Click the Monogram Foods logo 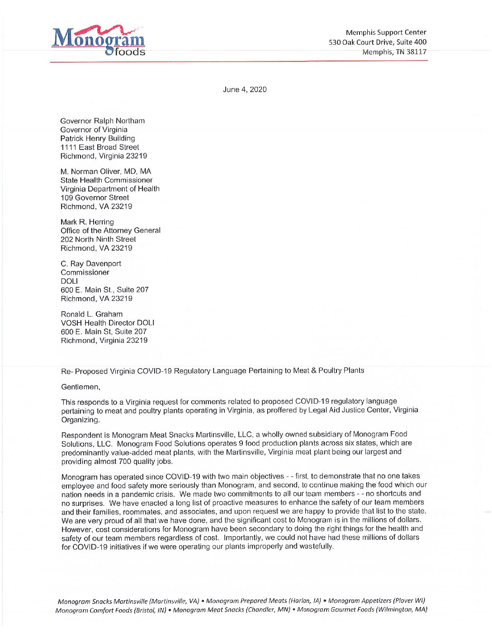pos(99,41)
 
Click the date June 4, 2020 pos(245,89)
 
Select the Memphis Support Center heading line pos(386,33)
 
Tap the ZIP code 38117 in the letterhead pos(416,52)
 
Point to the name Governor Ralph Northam pos(103,121)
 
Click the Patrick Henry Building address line pos(98,139)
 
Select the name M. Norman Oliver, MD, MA pos(106,172)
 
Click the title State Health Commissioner pos(107,180)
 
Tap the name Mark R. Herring pos(87,222)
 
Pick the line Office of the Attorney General pos(111,231)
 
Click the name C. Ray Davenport pos(91,264)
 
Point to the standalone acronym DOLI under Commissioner pos(69,281)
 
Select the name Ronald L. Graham pos(92,314)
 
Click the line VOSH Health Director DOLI pos(108,323)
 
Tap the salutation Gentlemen pos(80,387)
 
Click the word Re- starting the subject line pos(66,372)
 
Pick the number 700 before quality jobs pos(125,462)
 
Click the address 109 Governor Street pos(95,198)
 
